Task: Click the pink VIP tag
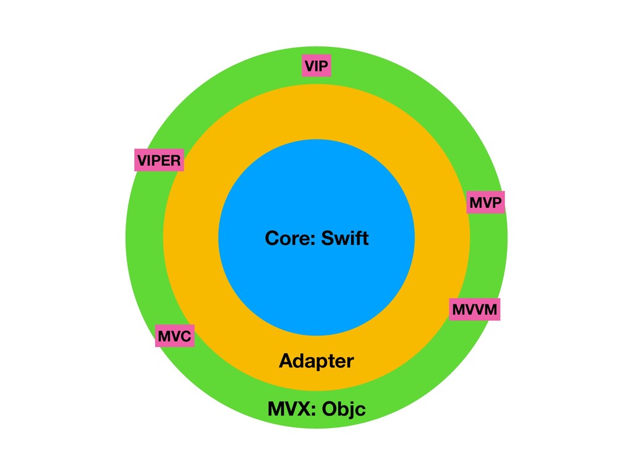tap(316, 66)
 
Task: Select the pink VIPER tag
tap(159, 161)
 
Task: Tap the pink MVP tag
tap(485, 202)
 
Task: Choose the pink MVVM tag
tap(474, 309)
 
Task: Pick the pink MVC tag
tap(175, 336)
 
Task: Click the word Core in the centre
tap(284, 238)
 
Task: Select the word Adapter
tap(316, 361)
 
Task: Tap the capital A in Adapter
tap(285, 361)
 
